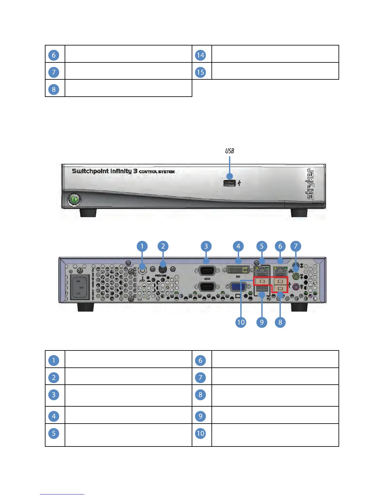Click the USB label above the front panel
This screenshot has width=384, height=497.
coord(230,151)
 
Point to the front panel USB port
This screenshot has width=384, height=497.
coord(229,183)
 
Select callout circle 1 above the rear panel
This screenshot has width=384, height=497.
coord(142,246)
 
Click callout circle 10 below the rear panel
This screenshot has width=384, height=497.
coord(241,322)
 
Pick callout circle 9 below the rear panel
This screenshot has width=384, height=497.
coord(262,322)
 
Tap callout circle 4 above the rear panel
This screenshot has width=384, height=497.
coord(238,246)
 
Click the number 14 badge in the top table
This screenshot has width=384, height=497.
coord(200,55)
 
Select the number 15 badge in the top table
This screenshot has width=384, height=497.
coord(200,72)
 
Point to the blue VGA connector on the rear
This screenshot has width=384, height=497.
coord(238,287)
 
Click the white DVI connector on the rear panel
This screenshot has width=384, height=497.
coord(238,270)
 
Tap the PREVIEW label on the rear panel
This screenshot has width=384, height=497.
coord(161,275)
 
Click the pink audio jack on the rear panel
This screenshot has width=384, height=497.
coord(295,286)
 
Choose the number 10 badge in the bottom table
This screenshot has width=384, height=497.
coord(200,434)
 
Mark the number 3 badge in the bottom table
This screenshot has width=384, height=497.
coord(54,395)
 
